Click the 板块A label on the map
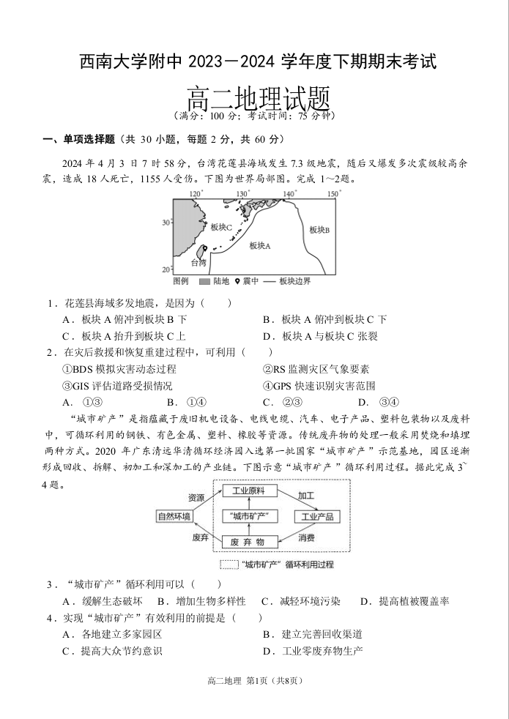point(260,246)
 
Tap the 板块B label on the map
point(319,229)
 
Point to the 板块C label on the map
point(221,228)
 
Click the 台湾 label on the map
point(198,262)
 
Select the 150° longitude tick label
point(333,194)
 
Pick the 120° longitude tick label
point(196,194)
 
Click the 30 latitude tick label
point(166,222)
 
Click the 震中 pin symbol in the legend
point(238,281)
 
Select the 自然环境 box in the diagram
point(174,516)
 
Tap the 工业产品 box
point(317,516)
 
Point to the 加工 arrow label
point(306,496)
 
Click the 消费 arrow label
point(306,537)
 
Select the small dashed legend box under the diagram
point(229,565)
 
